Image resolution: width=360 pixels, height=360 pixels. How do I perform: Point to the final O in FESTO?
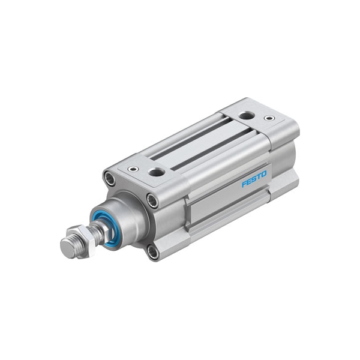pos(264,173)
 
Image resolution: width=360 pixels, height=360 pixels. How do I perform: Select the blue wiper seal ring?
pos(109,229)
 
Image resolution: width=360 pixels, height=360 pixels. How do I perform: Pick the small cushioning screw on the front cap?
pos(134,169)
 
